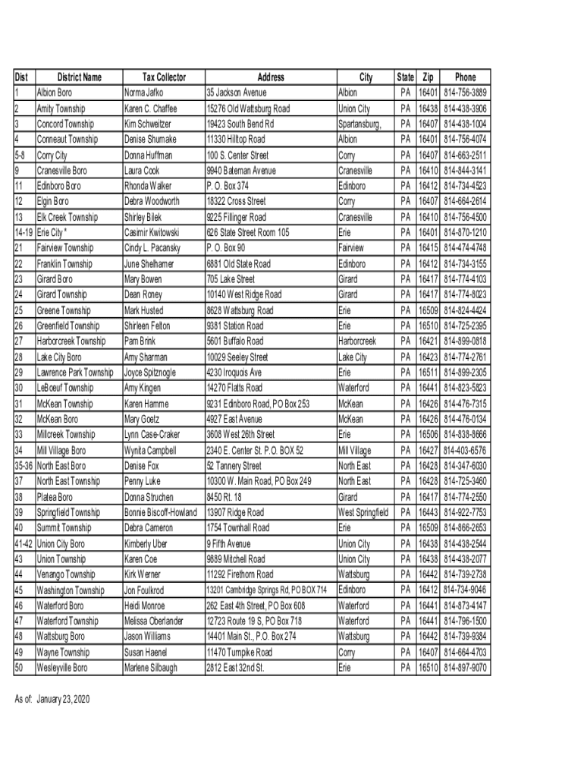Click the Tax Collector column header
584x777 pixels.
pos(164,77)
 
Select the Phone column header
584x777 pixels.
pos(465,77)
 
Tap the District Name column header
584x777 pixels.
pos(79,77)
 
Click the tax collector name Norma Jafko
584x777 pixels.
pos(149,93)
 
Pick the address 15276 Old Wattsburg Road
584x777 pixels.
pos(248,109)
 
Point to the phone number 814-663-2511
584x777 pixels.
pos(465,156)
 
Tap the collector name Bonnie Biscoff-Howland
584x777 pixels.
pos(160,512)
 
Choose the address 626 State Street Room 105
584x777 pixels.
pos(248,232)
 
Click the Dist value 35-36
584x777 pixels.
pos(24,466)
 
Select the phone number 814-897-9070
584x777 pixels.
pos(465,668)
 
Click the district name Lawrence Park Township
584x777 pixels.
pos(75,373)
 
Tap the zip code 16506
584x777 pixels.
pos(429,435)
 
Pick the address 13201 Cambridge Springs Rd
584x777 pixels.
pos(266,590)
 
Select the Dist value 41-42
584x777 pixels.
pos(24,543)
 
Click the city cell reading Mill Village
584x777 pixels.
pos(355,451)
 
